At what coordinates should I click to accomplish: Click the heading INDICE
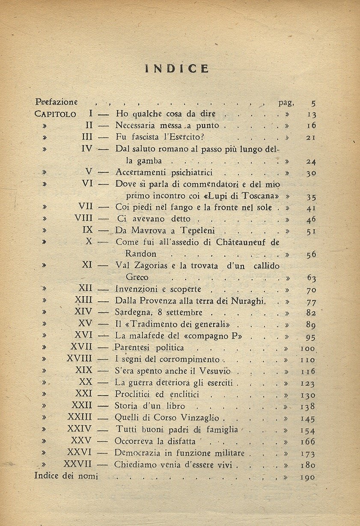[x=177, y=68]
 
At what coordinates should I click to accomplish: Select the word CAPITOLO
[x=56, y=114]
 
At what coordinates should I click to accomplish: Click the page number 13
[x=311, y=115]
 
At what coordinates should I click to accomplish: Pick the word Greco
[x=137, y=277]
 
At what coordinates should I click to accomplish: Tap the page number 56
[x=311, y=254]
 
